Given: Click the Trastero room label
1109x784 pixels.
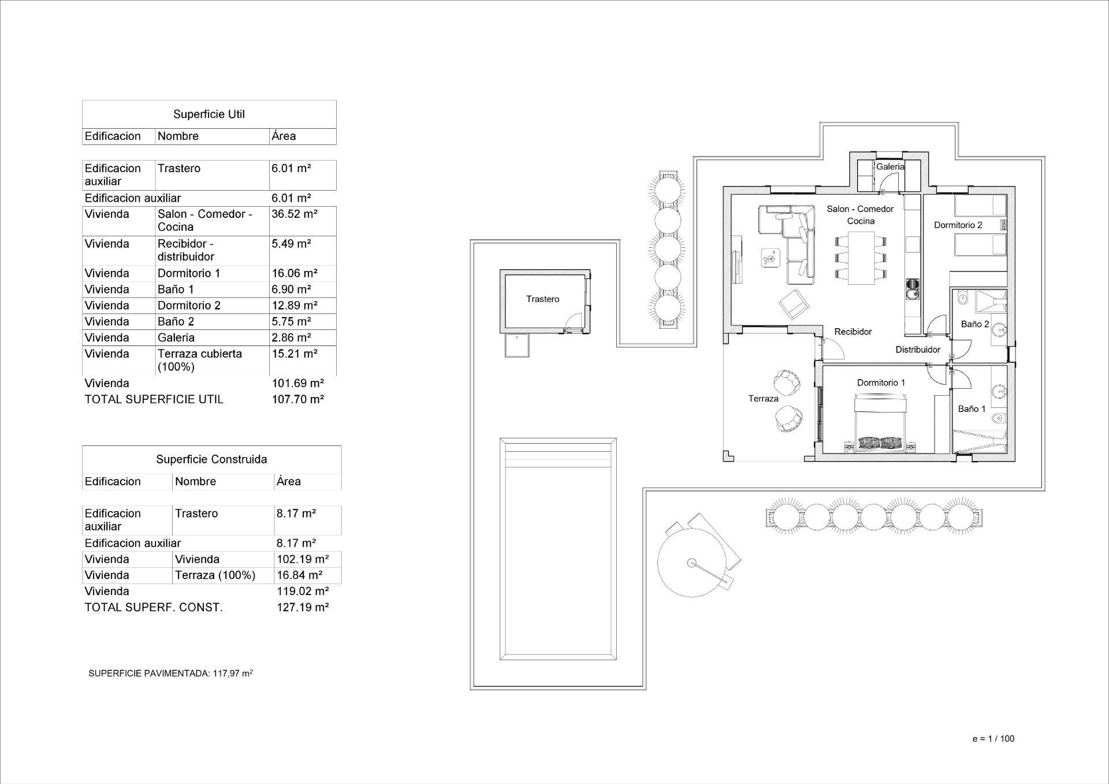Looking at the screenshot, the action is coord(542,299).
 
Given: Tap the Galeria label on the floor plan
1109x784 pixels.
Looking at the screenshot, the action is coord(890,166).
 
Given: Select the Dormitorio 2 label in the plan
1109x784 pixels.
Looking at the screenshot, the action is coord(958,225).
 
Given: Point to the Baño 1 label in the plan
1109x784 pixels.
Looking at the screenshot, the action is coord(972,408).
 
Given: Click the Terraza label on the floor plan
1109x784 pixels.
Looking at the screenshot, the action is coord(763,398).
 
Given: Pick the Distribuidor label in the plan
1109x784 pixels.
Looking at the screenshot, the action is coord(918,349).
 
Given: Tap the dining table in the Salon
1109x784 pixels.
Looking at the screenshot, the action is coord(861,258).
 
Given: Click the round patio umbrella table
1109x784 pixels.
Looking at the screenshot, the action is coord(692,563).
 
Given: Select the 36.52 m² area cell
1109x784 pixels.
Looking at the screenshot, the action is coord(295,214).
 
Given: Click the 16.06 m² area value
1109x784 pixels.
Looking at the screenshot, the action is coord(295,273).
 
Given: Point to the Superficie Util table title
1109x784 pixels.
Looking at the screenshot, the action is coord(209,114).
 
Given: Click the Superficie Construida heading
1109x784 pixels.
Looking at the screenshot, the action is coord(211,459).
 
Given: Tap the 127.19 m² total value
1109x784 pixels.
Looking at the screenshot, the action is coord(303,607).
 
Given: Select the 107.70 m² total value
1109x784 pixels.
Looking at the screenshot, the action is coord(298,399).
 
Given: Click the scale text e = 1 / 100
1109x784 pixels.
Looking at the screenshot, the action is coord(993,738).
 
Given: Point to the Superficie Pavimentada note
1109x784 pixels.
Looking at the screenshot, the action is coord(170,673).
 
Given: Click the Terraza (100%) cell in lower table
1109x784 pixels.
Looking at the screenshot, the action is coord(215,575).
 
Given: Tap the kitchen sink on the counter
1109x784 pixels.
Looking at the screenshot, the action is coord(913,289).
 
